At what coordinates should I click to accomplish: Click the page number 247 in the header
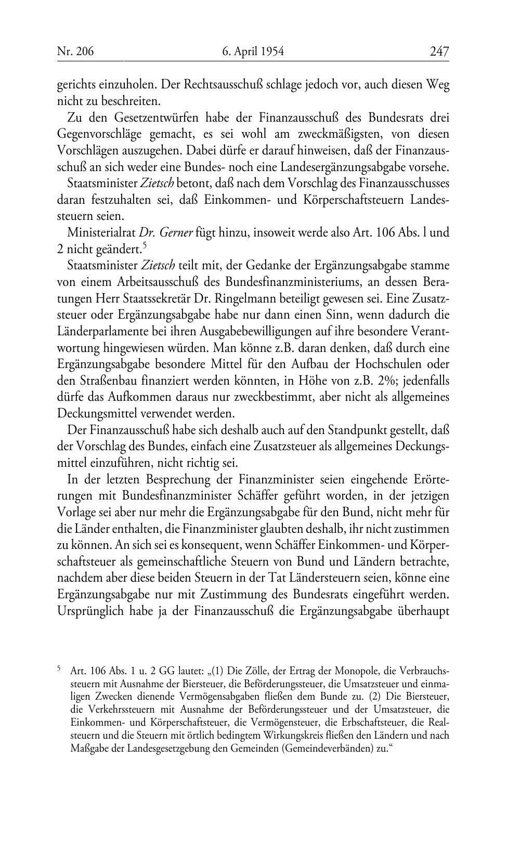tap(439, 51)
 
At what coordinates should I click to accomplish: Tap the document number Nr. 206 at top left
tap(75, 51)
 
